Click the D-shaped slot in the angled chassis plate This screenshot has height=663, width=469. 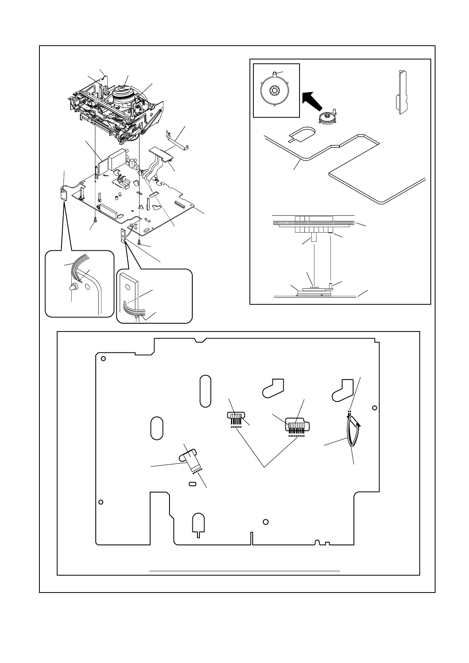tap(301, 135)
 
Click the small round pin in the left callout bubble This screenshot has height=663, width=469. tap(73, 288)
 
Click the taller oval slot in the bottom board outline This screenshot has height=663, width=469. tap(205, 391)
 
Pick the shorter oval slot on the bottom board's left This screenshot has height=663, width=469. tap(157, 428)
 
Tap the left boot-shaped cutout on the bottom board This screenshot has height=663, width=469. tap(273, 387)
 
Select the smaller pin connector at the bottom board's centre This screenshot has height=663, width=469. tap(236, 417)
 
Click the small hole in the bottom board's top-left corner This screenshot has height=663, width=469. tap(103, 359)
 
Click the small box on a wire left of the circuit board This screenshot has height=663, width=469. tap(63, 194)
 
